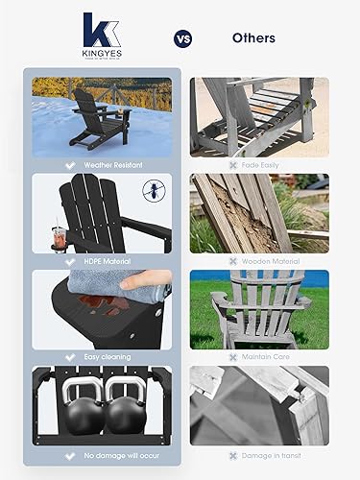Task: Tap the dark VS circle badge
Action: [x=181, y=39]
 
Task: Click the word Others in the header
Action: [x=253, y=39]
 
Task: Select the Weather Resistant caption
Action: [x=112, y=164]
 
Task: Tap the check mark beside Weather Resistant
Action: [x=69, y=164]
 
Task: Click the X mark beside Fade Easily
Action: [x=232, y=164]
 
